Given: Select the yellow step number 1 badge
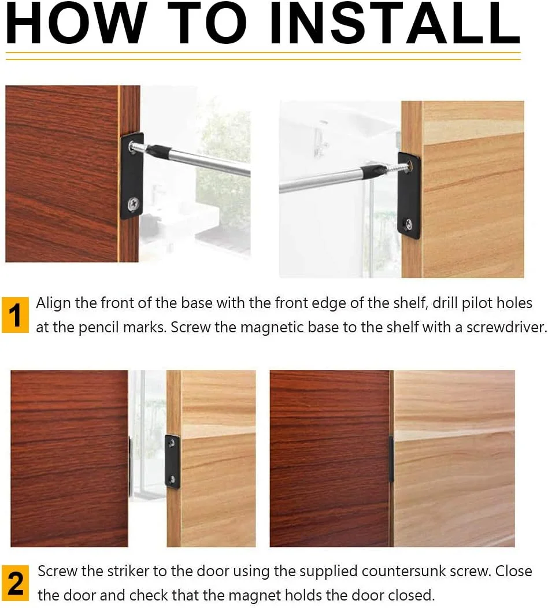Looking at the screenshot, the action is pyautogui.click(x=15, y=315).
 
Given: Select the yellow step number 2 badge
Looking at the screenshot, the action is pyautogui.click(x=15, y=583).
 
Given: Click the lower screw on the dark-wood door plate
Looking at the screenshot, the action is pyautogui.click(x=134, y=203).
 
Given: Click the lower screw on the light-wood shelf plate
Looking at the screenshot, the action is pyautogui.click(x=408, y=224).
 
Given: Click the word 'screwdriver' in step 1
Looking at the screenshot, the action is pyautogui.click(x=506, y=327).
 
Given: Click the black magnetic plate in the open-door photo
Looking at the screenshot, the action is pyautogui.click(x=173, y=462).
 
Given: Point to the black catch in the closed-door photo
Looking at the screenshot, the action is pyautogui.click(x=391, y=459).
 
